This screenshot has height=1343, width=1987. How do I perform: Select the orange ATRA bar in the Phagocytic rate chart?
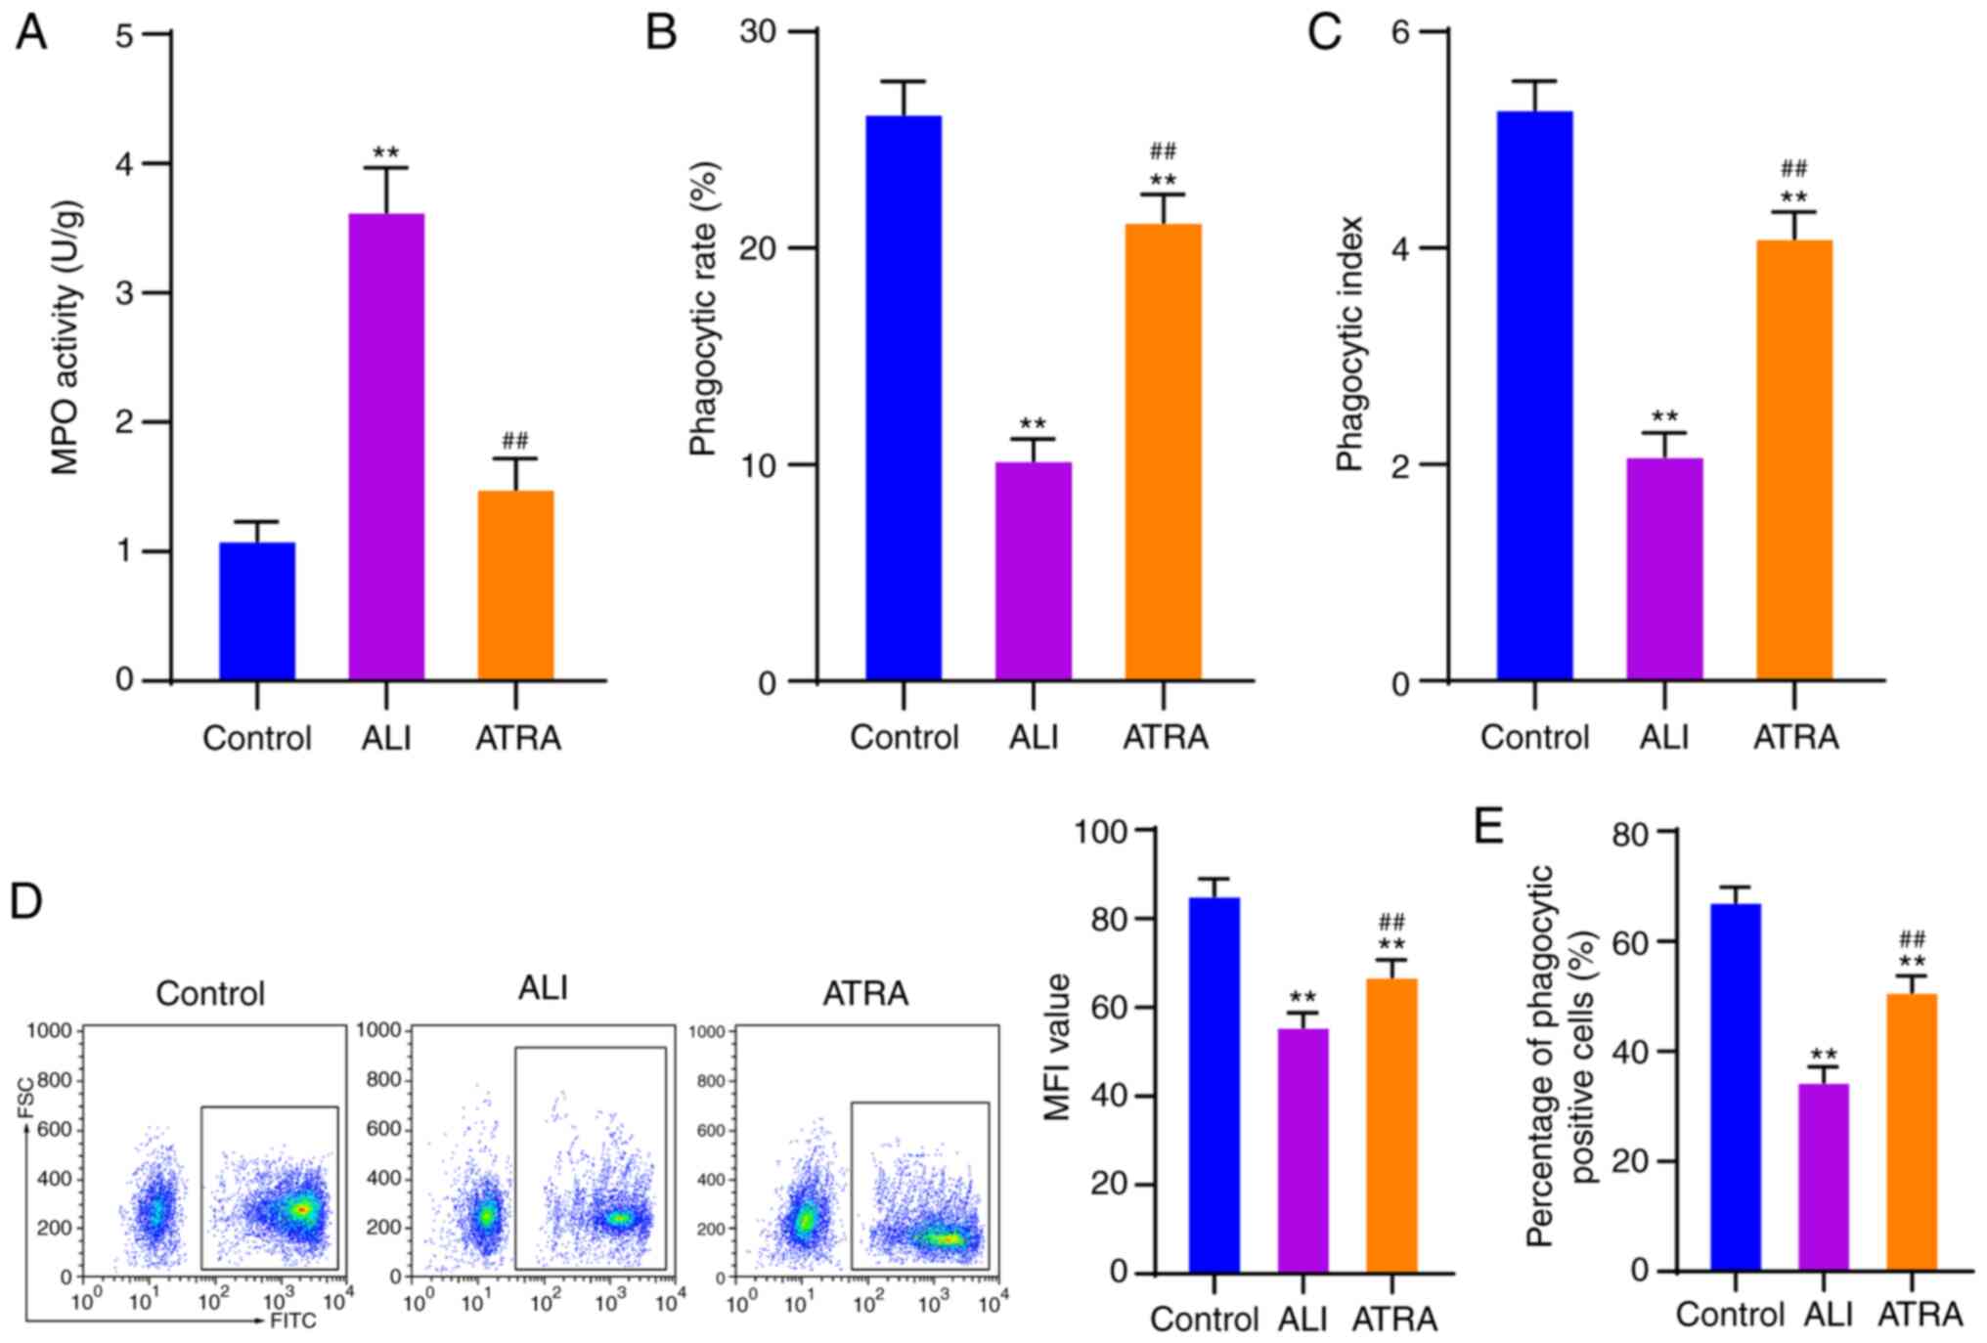pyautogui.click(x=1163, y=452)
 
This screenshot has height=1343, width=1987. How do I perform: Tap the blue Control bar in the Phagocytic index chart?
pyautogui.click(x=1534, y=396)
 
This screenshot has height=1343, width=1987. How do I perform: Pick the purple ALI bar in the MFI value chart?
pyautogui.click(x=1303, y=1150)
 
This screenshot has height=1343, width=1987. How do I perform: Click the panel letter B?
pyautogui.click(x=661, y=33)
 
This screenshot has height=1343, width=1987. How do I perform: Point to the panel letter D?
pyautogui.click(x=25, y=900)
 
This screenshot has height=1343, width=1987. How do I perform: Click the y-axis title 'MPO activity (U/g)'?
pyautogui.click(x=66, y=337)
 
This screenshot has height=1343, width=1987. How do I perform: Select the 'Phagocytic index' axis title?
pyautogui.click(x=1349, y=344)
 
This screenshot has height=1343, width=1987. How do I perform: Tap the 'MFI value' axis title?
pyautogui.click(x=1059, y=1047)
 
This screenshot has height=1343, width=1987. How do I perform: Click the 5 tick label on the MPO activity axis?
pyautogui.click(x=125, y=35)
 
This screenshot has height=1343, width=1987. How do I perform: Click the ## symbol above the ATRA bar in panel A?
pyautogui.click(x=515, y=440)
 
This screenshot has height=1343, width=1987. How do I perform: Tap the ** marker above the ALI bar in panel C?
pyautogui.click(x=1664, y=416)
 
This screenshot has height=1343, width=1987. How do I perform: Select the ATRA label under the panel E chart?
pyautogui.click(x=1920, y=1315)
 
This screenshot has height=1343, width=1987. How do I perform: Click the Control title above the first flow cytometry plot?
pyautogui.click(x=210, y=993)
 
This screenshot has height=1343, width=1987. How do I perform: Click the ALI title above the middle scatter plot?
pyautogui.click(x=543, y=988)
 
